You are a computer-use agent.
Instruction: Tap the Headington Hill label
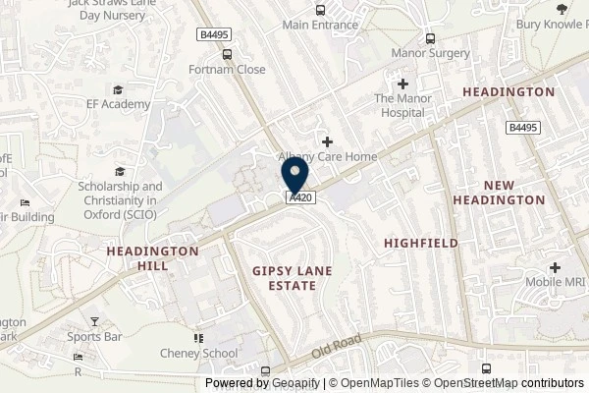[152, 258]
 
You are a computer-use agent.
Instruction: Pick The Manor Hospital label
[402, 105]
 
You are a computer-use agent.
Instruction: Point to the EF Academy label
[118, 104]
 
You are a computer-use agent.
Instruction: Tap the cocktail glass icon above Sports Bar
[95, 321]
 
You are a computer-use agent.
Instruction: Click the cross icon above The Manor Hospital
[402, 85]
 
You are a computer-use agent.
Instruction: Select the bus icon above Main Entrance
[320, 9]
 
